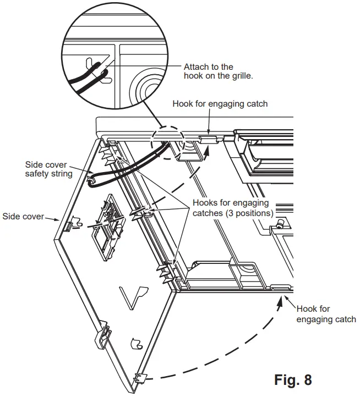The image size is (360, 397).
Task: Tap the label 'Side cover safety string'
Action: [49, 170]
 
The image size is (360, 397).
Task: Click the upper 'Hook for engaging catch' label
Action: [220, 103]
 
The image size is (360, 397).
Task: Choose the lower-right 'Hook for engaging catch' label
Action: [326, 314]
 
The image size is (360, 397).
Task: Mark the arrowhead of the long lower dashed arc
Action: [283, 298]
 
